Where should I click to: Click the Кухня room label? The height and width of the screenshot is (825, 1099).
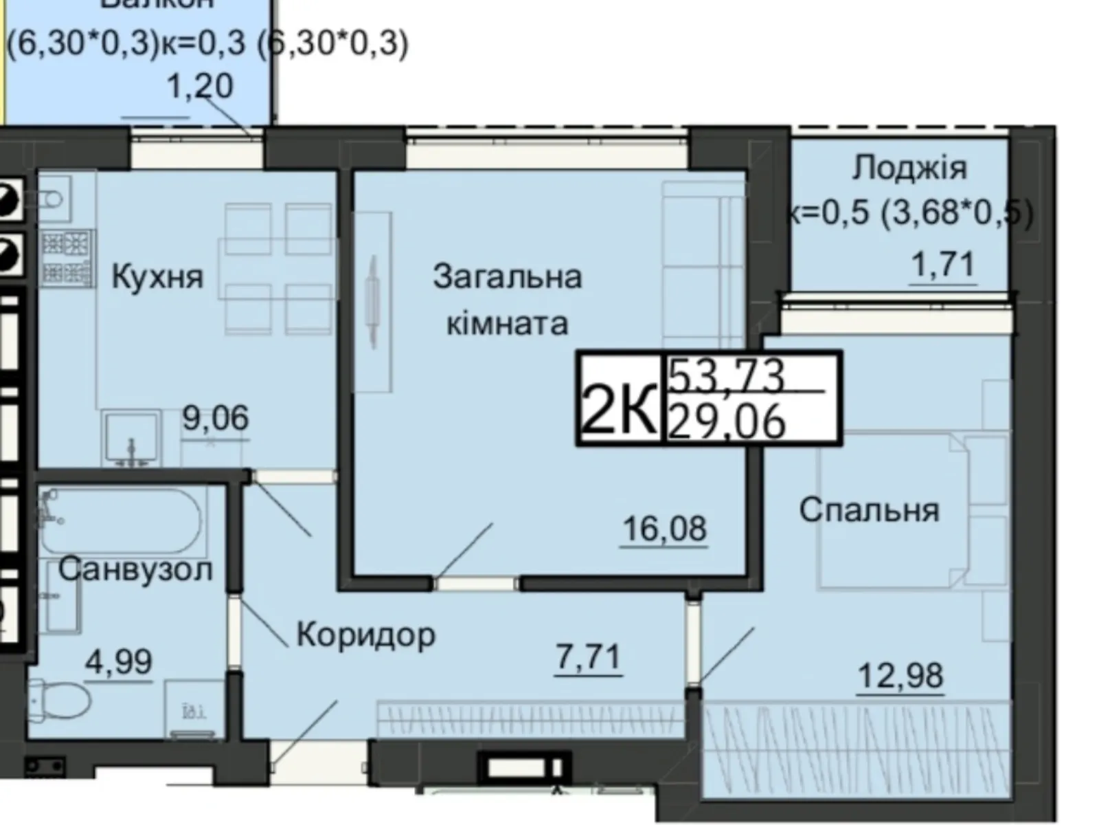[157, 277]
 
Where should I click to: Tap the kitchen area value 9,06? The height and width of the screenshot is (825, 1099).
[216, 418]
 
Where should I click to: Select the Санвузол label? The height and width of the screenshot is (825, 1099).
[135, 569]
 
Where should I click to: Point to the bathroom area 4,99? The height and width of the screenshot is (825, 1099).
[118, 661]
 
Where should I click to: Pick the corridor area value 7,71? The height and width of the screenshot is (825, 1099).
[589, 657]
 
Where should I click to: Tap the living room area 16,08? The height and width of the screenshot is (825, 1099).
[664, 529]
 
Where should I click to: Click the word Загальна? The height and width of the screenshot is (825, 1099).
[508, 276]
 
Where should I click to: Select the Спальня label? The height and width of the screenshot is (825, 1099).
[869, 510]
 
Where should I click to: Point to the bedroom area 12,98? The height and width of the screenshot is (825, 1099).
[900, 676]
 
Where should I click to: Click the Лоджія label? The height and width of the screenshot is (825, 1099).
[909, 168]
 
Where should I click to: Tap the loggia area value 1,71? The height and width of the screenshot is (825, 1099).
[942, 264]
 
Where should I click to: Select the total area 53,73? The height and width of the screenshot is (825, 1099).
[727, 375]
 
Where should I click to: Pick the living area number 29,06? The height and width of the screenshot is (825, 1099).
[727, 421]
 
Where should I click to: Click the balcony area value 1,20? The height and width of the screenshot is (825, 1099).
[201, 87]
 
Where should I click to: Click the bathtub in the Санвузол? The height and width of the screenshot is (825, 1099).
[120, 520]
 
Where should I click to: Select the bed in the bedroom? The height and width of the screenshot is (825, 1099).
[893, 510]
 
